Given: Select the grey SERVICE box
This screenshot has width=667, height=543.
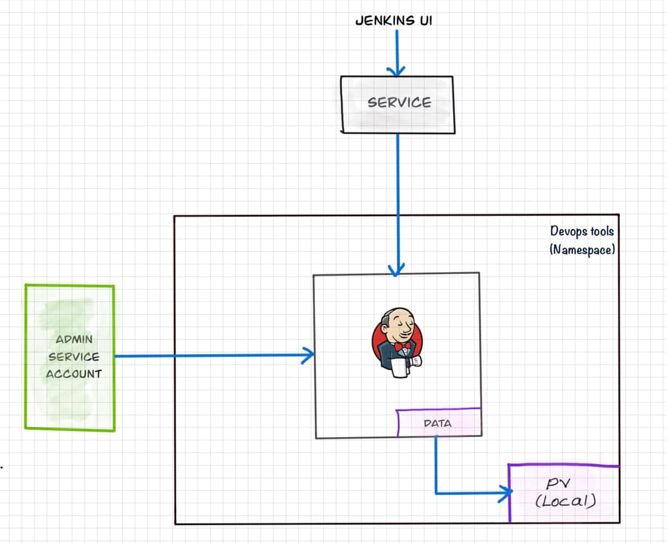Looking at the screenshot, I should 398,105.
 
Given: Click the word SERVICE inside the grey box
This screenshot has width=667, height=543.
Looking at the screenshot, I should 400,103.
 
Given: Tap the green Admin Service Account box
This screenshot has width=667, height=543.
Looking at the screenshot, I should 70,357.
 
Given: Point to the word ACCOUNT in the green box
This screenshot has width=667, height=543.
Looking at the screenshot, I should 73,374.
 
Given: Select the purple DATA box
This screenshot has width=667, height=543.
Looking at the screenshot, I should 438,423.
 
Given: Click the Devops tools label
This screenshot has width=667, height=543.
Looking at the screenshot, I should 582,231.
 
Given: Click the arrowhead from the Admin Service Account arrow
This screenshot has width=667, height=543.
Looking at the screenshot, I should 308,356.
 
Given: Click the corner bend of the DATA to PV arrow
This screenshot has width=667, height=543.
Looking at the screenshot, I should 436,494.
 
